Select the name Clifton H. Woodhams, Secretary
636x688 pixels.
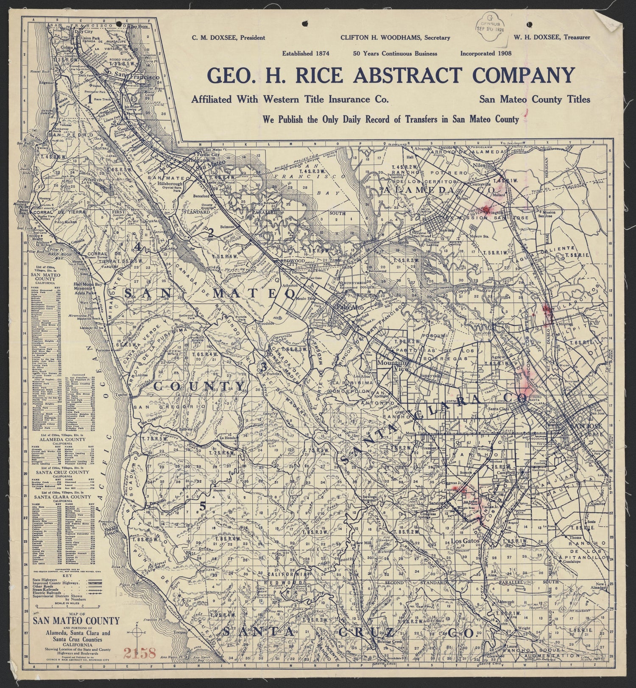coord(395,38)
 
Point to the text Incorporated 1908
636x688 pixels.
coord(486,53)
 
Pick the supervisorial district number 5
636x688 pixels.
coord(203,506)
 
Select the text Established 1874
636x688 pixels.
coord(306,53)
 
